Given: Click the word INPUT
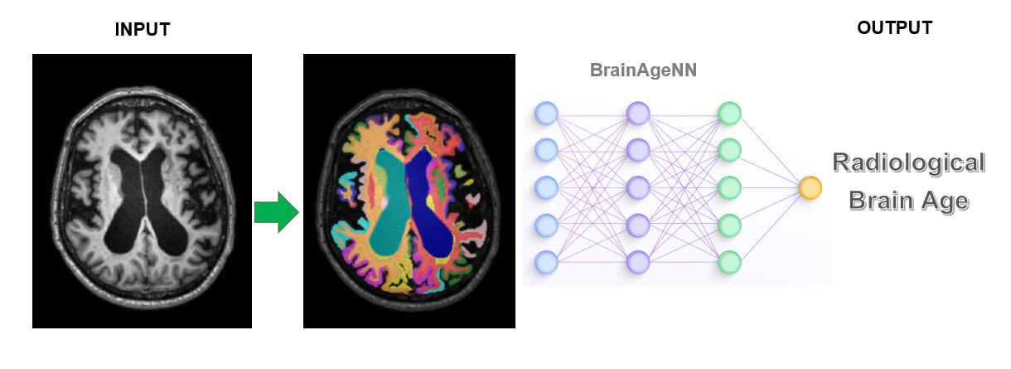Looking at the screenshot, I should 142,30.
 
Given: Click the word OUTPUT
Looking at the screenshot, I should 894,28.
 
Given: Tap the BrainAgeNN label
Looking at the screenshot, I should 643,70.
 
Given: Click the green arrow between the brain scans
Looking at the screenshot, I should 276,213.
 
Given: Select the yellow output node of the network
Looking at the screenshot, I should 810,188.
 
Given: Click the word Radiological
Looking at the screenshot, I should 908,163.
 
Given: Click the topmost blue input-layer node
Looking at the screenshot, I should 545,113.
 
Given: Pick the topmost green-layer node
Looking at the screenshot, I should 728,113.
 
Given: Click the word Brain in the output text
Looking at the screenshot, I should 880,201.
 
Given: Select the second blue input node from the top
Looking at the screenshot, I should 545,150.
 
